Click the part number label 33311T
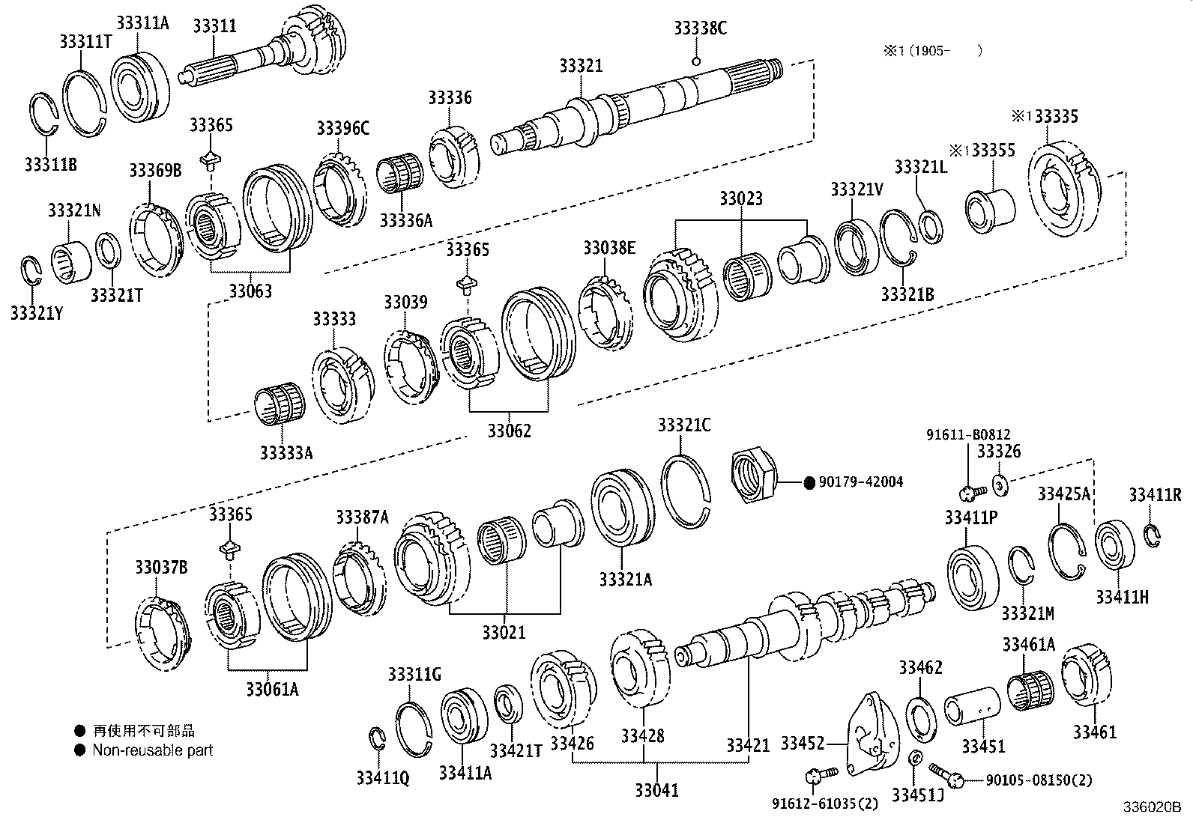85,41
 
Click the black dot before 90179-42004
809,483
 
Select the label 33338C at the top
700,28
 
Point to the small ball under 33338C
695,61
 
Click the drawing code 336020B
1151,809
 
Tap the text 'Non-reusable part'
152,750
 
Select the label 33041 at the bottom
656,790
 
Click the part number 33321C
684,425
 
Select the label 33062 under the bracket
509,431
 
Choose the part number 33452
803,743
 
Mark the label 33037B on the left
161,567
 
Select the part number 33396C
342,128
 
